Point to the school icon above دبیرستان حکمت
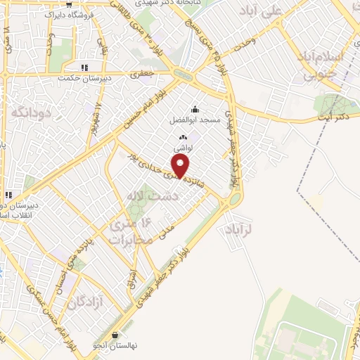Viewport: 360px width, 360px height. [84, 68]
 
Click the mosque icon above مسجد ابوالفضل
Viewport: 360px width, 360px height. [195, 109]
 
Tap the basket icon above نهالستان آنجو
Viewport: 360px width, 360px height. [115, 335]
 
